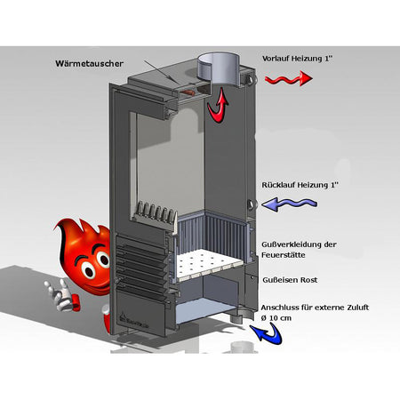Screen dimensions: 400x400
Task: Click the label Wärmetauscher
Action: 89,64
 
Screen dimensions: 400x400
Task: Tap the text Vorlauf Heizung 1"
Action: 296,59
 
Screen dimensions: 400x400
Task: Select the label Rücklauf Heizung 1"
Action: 300,185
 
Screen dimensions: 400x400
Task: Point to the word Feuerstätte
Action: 284,255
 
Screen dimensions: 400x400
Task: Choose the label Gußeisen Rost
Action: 290,280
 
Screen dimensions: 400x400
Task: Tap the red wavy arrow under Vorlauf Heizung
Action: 288,78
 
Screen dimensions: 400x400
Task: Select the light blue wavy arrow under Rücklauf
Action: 289,204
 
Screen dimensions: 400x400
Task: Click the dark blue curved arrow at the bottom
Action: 268,334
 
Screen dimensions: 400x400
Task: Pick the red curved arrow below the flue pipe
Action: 218,106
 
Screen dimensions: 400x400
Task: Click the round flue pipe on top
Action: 219,69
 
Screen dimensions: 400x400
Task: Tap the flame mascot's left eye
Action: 88,270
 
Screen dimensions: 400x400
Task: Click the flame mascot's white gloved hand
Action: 60,294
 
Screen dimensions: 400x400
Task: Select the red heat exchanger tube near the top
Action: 188,92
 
